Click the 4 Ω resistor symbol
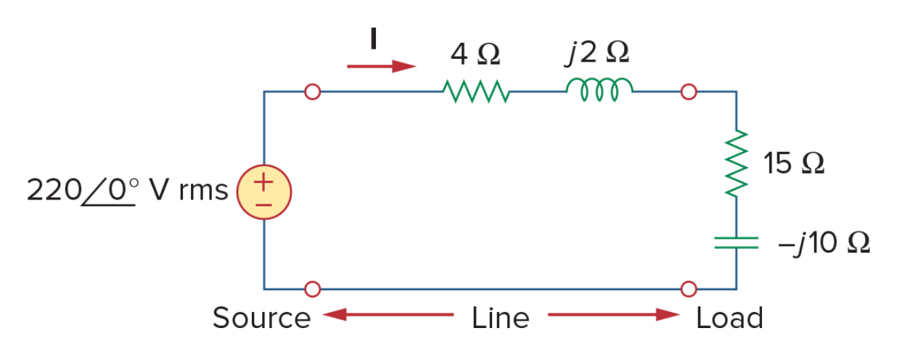click(x=476, y=91)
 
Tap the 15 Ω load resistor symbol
click(x=736, y=163)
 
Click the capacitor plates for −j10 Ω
click(x=736, y=243)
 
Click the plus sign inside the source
click(x=263, y=182)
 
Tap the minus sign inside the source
click(x=263, y=205)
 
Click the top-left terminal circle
click(x=312, y=91)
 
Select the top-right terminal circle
click(x=689, y=91)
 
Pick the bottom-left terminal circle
click(x=312, y=290)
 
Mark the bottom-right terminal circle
click(x=689, y=290)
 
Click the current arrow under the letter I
click(x=382, y=66)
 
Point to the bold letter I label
click(x=374, y=38)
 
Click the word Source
click(x=262, y=318)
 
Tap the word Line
click(x=500, y=318)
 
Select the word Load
click(x=729, y=318)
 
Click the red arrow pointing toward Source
click(x=388, y=314)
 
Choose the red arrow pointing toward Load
click(x=614, y=314)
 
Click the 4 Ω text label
click(x=475, y=54)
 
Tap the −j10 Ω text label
click(x=824, y=243)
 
